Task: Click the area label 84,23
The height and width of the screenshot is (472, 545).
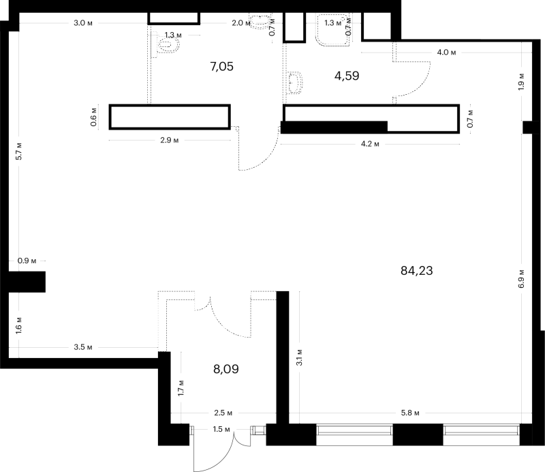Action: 417,271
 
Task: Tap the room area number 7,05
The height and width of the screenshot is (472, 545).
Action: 222,66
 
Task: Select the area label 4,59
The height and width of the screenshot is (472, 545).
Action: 347,76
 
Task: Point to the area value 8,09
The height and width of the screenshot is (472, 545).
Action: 226,369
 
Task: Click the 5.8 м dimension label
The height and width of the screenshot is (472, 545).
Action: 410,413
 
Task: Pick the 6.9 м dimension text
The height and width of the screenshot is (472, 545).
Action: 521,279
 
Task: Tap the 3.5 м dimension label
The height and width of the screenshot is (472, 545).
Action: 83,347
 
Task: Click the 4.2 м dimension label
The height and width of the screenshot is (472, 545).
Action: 370,144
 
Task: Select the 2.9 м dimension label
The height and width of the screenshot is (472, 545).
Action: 169,141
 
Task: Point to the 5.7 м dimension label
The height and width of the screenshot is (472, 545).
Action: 19,151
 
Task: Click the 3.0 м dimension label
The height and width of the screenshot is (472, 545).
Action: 83,23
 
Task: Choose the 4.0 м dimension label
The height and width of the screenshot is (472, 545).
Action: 446,53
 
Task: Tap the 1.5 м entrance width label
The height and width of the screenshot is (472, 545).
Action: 221,429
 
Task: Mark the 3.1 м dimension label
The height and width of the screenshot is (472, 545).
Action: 299,357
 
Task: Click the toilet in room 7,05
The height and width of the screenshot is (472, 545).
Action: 166,44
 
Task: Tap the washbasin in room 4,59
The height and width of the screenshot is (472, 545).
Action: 294,83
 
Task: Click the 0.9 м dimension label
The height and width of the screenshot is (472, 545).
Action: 27,261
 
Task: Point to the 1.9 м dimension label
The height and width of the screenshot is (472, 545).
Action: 521,82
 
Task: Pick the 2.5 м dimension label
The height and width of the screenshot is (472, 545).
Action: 223,413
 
